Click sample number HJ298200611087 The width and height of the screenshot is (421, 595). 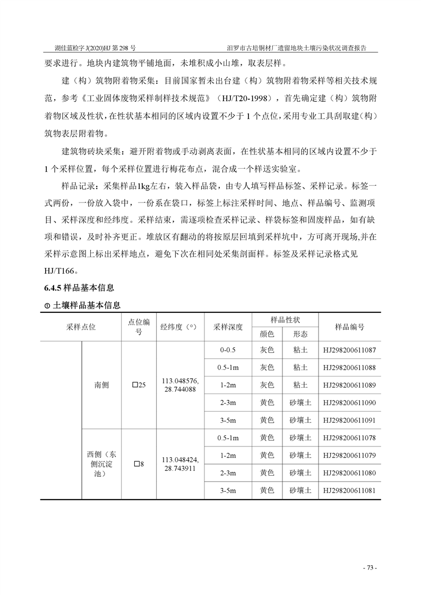(349, 350)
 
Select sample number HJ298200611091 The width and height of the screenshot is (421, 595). (349, 420)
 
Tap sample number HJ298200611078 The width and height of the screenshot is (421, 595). (349, 438)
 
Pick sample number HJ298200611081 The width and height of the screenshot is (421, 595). (349, 491)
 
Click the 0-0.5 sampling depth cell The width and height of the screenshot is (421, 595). (227, 350)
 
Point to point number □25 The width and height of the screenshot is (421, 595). (139, 385)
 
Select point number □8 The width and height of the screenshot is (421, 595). (139, 464)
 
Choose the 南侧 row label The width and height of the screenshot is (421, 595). (101, 385)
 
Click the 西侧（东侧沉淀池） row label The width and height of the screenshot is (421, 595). (101, 464)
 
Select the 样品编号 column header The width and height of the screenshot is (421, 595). (349, 327)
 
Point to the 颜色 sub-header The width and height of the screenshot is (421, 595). (267, 334)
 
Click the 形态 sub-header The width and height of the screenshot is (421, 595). (300, 334)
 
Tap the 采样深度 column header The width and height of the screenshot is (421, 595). (227, 327)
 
